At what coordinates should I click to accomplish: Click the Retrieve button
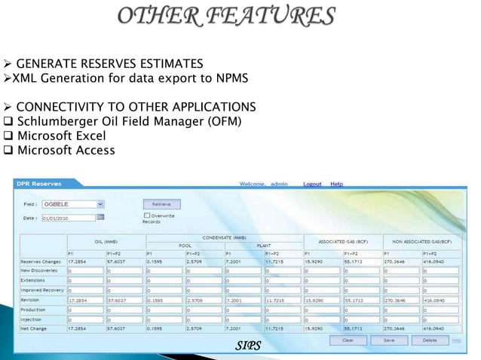(x=161, y=203)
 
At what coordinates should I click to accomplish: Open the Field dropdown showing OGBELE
(x=73, y=203)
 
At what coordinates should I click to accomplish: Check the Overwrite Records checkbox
(x=146, y=216)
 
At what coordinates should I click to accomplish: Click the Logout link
(x=312, y=184)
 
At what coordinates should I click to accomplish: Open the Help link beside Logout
(x=336, y=184)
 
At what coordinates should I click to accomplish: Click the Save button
(x=390, y=340)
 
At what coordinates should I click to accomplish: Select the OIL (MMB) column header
(x=106, y=243)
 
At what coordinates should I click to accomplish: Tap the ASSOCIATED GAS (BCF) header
(x=343, y=243)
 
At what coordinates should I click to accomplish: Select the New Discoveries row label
(x=42, y=269)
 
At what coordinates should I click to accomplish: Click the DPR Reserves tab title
(x=43, y=183)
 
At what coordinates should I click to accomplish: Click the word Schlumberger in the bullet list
(x=58, y=121)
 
